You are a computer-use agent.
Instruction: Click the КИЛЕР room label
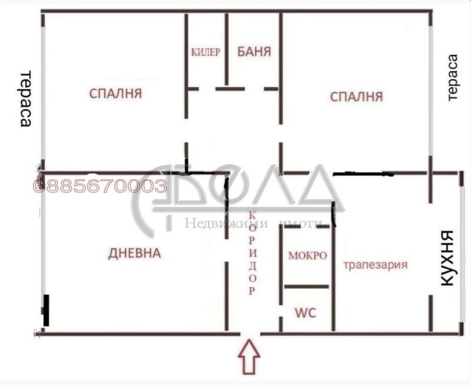pyautogui.click(x=205, y=52)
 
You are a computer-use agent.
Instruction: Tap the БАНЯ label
pyautogui.click(x=254, y=51)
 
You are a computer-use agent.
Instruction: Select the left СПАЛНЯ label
pyautogui.click(x=117, y=93)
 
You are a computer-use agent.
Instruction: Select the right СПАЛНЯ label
pyautogui.click(x=357, y=96)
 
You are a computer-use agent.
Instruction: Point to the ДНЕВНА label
pyautogui.click(x=135, y=254)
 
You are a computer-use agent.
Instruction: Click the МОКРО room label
pyautogui.click(x=307, y=256)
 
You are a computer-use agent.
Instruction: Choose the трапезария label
pyautogui.click(x=376, y=265)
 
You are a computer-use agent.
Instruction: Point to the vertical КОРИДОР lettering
pyautogui.click(x=252, y=252)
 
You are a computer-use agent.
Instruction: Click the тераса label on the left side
pyautogui.click(x=25, y=99)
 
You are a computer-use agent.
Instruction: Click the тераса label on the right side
pyautogui.click(x=452, y=78)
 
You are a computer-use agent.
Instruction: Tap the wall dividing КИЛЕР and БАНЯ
pyautogui.click(x=227, y=50)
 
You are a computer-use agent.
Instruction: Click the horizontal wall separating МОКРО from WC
pyautogui.click(x=306, y=287)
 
